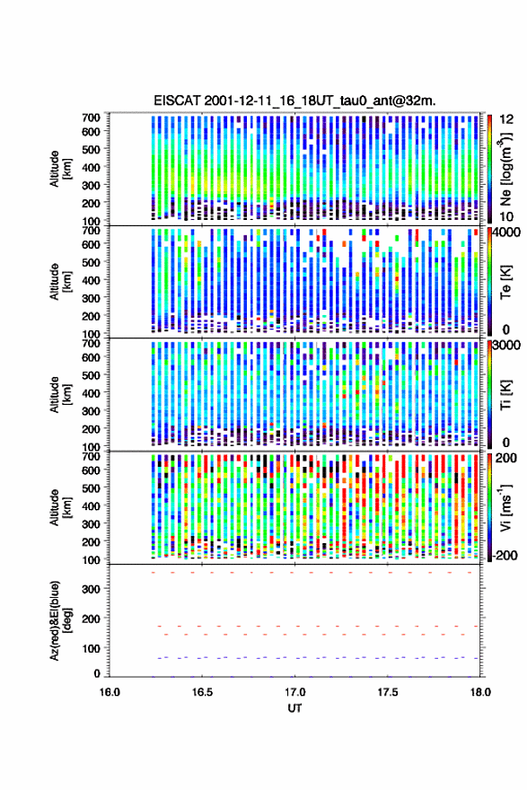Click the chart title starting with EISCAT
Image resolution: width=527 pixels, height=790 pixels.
click(x=294, y=101)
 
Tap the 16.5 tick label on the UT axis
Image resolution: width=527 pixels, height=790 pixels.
click(x=202, y=692)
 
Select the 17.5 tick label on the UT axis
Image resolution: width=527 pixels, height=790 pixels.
click(x=388, y=692)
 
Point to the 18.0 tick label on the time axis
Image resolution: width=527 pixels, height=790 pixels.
click(x=480, y=692)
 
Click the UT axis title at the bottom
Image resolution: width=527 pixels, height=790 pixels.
click(x=294, y=708)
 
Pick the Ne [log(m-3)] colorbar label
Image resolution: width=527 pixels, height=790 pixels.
click(x=505, y=169)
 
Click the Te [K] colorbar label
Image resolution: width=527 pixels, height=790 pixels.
click(x=505, y=282)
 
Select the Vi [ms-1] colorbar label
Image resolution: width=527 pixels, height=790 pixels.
click(x=505, y=507)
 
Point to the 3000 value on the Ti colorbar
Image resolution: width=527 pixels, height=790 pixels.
click(x=507, y=346)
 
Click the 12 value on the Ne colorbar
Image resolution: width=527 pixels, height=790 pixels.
click(x=506, y=119)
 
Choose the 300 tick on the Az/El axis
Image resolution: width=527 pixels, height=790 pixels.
click(x=91, y=589)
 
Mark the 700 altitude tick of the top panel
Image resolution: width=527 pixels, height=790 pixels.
click(x=91, y=118)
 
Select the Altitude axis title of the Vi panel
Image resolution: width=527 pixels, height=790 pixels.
click(x=60, y=507)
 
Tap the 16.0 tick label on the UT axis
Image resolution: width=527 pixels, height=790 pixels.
click(x=110, y=692)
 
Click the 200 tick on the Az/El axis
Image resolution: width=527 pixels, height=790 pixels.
click(x=91, y=619)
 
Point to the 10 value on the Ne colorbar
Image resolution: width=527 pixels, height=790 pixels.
click(x=506, y=216)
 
